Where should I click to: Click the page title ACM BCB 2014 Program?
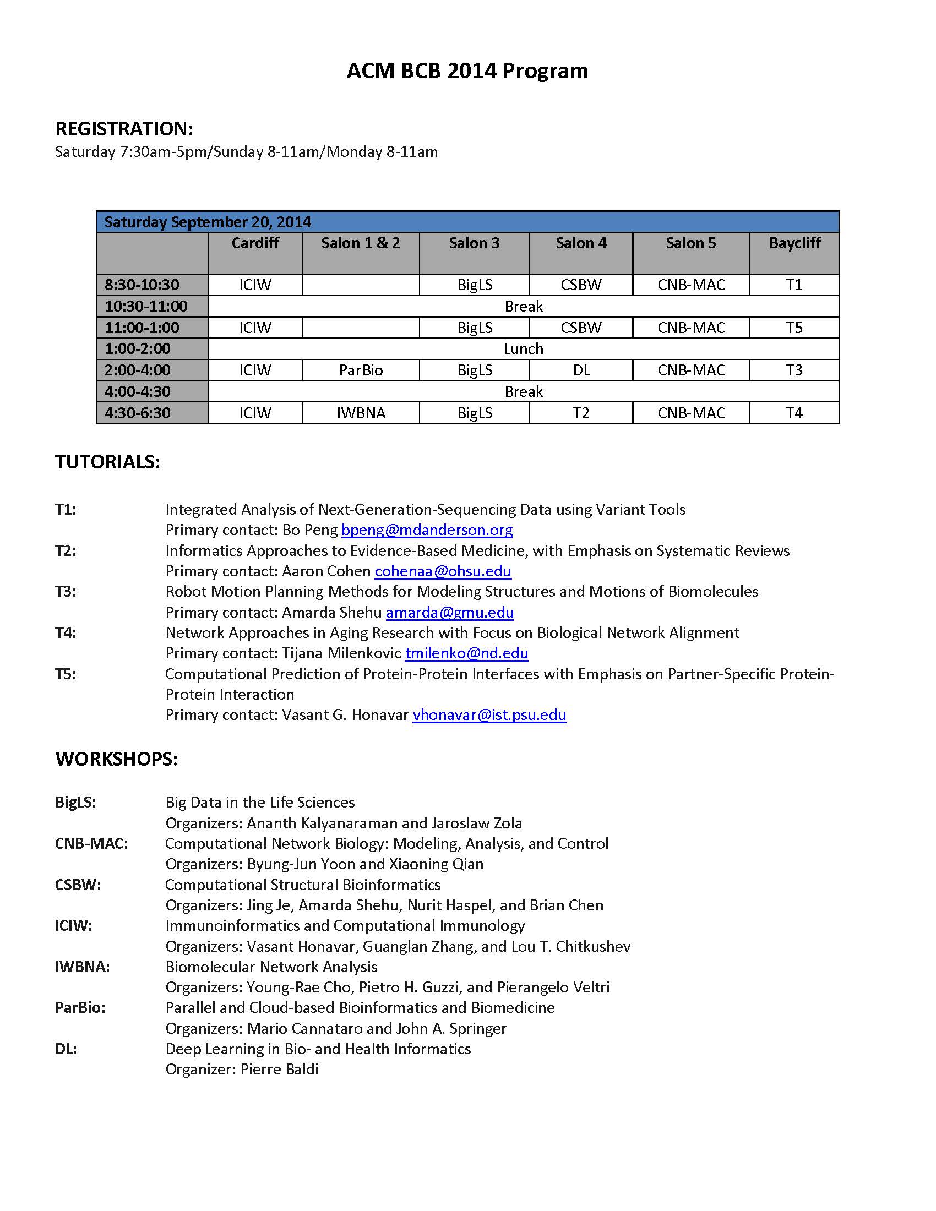[467, 71]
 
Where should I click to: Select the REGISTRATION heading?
[124, 129]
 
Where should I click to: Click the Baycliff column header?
[794, 243]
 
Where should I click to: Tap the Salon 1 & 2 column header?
[361, 243]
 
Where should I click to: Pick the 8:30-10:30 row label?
[142, 285]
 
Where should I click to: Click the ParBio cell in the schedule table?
[361, 370]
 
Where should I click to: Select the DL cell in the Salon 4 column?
[581, 370]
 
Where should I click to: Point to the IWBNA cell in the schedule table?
[361, 413]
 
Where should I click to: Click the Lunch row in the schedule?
[523, 349]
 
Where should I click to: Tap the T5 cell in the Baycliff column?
[794, 328]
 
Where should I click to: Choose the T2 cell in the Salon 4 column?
[581, 413]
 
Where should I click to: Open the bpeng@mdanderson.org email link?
[427, 530]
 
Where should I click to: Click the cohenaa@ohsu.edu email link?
[443, 571]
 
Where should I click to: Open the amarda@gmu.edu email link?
[450, 612]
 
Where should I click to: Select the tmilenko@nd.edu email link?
[466, 653]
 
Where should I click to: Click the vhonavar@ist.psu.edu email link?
[489, 714]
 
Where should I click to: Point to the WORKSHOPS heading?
[116, 759]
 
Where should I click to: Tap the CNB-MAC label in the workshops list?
[91, 843]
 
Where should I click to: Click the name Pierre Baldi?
[280, 1069]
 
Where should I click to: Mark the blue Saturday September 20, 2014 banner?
[467, 222]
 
